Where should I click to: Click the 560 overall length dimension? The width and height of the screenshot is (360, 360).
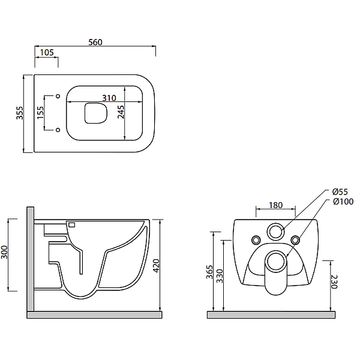coord(95,42)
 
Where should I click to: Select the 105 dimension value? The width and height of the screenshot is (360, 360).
coord(47,52)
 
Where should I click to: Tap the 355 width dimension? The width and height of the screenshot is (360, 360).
coord(20,113)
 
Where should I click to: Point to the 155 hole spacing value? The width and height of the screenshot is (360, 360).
coord(40,113)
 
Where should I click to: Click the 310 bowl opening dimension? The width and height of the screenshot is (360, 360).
coord(109,98)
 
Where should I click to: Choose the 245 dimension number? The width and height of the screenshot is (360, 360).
coord(121,112)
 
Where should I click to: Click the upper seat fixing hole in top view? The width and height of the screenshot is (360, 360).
coord(58,96)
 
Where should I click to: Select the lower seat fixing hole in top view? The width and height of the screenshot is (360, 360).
coord(58,130)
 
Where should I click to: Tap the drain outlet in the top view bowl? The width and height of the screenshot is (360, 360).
coord(96,113)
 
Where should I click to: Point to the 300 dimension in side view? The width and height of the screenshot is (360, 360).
coord(4,252)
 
